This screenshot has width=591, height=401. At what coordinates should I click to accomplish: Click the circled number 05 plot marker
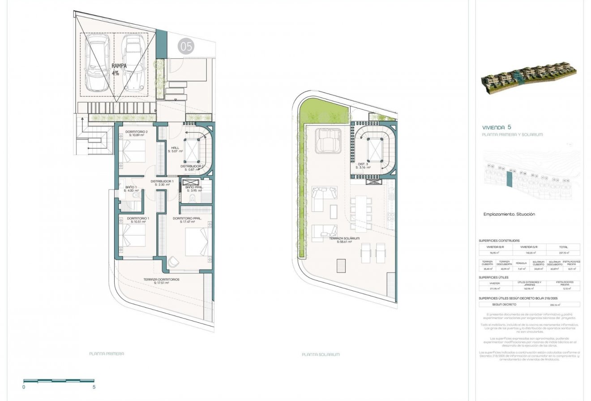click(x=185, y=46)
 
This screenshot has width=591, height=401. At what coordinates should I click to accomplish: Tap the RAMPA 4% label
click(x=119, y=69)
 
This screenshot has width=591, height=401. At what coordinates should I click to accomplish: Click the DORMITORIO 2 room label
click(x=137, y=133)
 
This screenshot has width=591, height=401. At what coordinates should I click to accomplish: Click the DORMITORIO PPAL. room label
click(x=187, y=220)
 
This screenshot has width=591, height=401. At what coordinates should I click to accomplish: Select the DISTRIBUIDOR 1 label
click(x=162, y=182)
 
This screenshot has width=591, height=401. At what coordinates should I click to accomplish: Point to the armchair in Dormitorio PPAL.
click(x=174, y=261)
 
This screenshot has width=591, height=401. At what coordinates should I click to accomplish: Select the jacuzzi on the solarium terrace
click(x=329, y=140)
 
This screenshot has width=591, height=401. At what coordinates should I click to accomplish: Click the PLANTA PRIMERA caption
click(x=107, y=354)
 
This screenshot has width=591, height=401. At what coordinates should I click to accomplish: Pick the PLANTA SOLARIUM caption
click(x=321, y=354)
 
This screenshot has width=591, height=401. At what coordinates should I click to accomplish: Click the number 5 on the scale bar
click(x=94, y=387)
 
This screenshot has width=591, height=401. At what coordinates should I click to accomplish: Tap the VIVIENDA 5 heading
click(x=497, y=127)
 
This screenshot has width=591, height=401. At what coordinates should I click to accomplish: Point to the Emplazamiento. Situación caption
click(x=509, y=214)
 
